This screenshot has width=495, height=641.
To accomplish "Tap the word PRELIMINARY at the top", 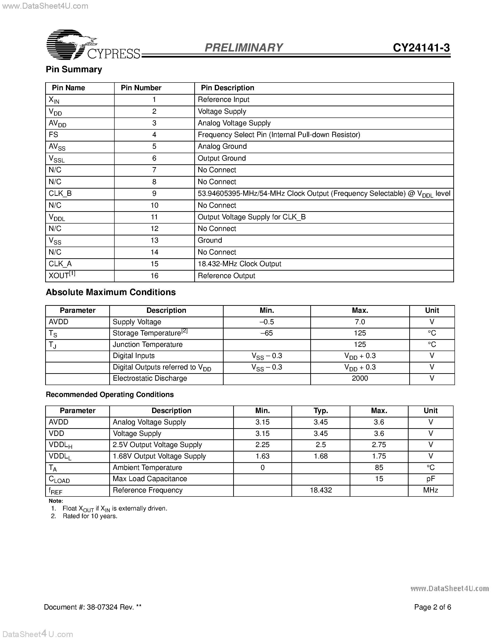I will click(243, 48).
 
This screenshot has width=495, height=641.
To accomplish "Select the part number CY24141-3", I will click(421, 48).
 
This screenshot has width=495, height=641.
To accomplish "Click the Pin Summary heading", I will click(74, 69).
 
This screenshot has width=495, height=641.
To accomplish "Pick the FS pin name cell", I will click(54, 135).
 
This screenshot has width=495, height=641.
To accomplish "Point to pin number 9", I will click(154, 193).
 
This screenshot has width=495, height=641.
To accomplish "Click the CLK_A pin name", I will click(60, 264).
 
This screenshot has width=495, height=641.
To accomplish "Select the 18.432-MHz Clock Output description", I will click(239, 264).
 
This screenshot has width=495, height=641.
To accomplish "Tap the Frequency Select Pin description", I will click(279, 135).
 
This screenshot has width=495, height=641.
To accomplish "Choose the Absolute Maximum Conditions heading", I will click(111, 292).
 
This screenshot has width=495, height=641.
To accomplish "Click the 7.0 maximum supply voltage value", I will click(360, 322).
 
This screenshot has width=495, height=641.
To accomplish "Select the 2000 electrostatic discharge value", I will click(360, 378).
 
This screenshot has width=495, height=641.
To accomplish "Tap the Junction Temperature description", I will click(147, 345).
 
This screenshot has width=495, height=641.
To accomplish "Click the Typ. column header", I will click(321, 411).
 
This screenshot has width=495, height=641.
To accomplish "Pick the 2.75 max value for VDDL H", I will click(379, 445).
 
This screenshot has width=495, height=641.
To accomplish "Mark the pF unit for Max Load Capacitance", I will click(430, 479).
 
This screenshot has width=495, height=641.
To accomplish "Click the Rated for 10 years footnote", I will click(90, 516).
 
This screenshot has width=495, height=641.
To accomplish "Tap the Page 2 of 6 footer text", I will click(433, 607).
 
